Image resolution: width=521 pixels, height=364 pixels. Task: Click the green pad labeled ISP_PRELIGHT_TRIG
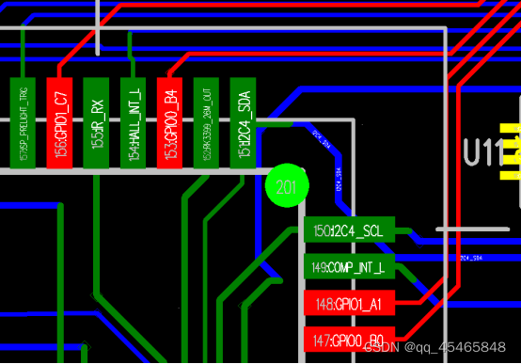pyautogui.click(x=23, y=123)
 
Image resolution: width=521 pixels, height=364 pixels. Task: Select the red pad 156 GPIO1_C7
pyautogui.click(x=59, y=123)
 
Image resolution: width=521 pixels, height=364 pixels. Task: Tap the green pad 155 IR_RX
pyautogui.click(x=96, y=123)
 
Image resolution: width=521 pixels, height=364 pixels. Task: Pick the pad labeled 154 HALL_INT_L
pyautogui.click(x=134, y=123)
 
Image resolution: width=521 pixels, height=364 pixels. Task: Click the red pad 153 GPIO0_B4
pyautogui.click(x=170, y=123)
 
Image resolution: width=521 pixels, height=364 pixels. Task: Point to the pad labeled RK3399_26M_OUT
pyautogui.click(x=207, y=123)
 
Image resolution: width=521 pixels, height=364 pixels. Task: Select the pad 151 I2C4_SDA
pyautogui.click(x=244, y=123)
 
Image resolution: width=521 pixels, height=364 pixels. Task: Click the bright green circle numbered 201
pyautogui.click(x=286, y=187)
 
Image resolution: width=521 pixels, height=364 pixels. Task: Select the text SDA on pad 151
pyautogui.click(x=244, y=102)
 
